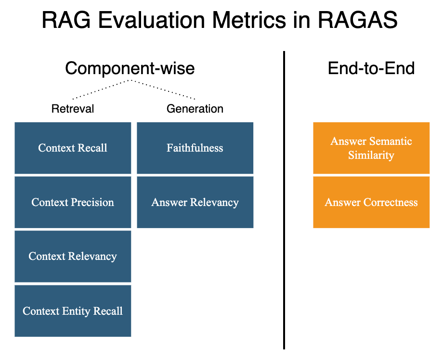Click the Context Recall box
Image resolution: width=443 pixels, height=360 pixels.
click(x=73, y=148)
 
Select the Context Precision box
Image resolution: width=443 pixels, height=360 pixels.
click(x=73, y=202)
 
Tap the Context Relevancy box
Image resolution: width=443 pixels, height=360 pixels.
click(x=73, y=257)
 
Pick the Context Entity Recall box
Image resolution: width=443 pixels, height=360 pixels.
click(x=73, y=311)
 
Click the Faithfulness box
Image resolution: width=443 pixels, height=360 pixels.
click(x=195, y=148)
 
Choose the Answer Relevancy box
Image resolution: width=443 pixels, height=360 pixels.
click(x=195, y=202)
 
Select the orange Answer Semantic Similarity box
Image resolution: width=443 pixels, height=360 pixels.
click(x=371, y=148)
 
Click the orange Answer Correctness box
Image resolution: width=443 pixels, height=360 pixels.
click(x=371, y=202)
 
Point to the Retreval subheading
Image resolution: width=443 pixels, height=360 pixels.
click(x=73, y=109)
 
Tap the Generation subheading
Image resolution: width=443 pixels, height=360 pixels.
click(x=195, y=109)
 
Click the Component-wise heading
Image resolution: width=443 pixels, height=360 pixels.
click(x=130, y=68)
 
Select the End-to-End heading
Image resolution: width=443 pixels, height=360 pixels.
click(x=371, y=68)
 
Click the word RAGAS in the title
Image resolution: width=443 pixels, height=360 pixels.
click(x=358, y=20)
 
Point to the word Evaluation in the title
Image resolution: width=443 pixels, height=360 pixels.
click(x=151, y=20)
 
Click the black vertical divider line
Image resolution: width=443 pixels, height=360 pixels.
click(x=284, y=200)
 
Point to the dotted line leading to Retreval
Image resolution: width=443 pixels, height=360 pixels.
click(x=102, y=90)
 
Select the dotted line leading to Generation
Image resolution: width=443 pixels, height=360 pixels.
click(x=163, y=90)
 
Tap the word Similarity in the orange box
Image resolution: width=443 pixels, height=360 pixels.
click(x=371, y=155)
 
